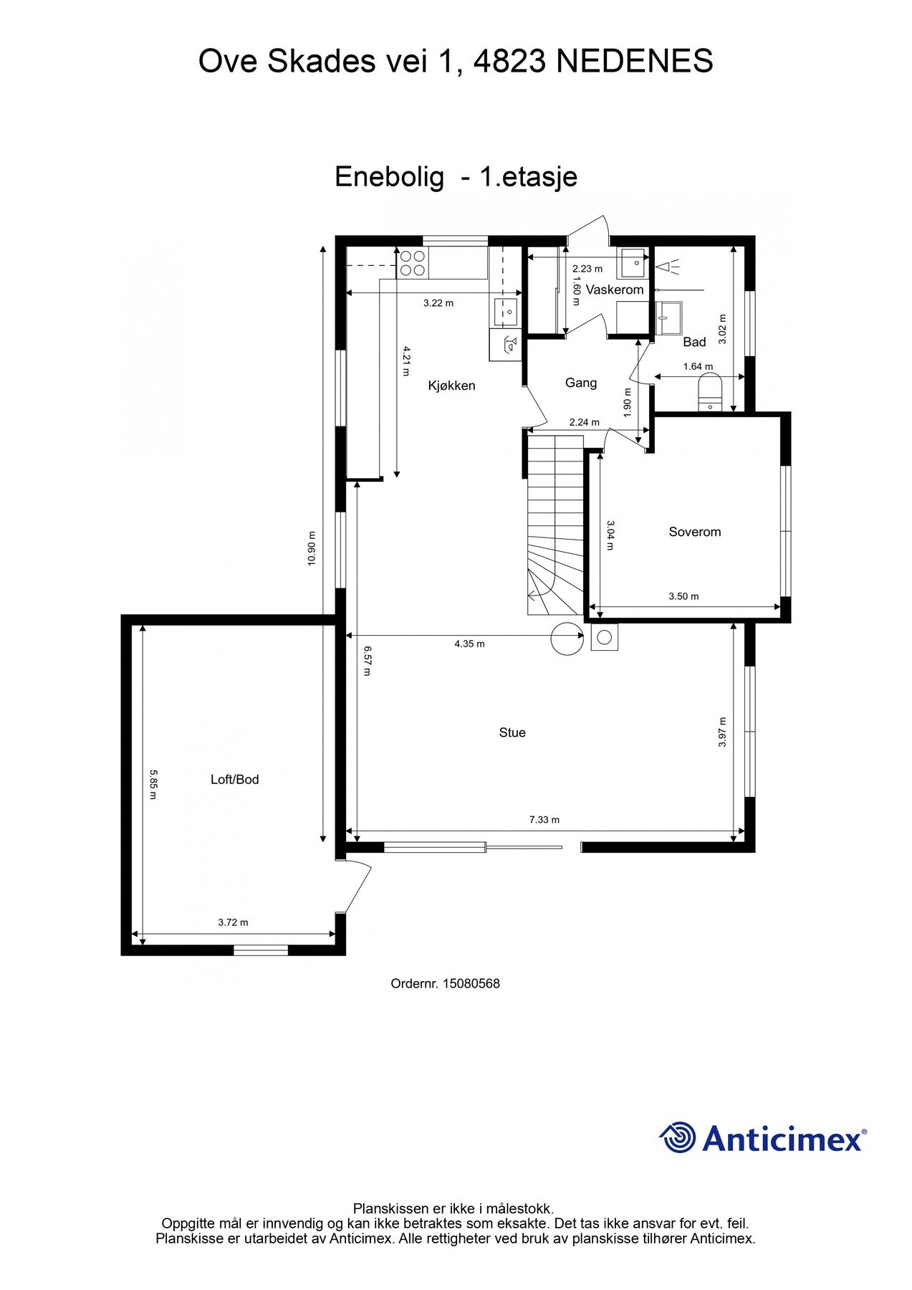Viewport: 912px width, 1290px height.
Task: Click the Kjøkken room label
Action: (451, 386)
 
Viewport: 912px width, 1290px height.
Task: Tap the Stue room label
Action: (512, 732)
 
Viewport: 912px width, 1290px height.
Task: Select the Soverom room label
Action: (694, 532)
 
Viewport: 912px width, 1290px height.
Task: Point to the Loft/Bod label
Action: (234, 780)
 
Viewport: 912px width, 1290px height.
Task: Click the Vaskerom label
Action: (615, 290)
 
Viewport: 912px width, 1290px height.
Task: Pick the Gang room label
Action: (580, 383)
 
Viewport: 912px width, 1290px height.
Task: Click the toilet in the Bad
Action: (710, 394)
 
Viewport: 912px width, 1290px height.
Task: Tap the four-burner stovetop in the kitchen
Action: (412, 262)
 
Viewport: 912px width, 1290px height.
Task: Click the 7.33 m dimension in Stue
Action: (544, 820)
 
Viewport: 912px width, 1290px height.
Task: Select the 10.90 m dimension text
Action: (312, 548)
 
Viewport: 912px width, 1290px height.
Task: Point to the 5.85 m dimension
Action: (153, 785)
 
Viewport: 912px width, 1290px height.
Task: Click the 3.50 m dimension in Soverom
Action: (683, 596)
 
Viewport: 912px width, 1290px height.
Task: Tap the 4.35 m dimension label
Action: (469, 644)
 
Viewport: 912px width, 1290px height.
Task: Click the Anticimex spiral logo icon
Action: (677, 1138)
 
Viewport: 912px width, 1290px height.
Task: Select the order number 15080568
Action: (471, 984)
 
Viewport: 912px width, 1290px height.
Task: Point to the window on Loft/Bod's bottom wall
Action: (261, 950)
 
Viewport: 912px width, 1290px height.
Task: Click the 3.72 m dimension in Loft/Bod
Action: (233, 922)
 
